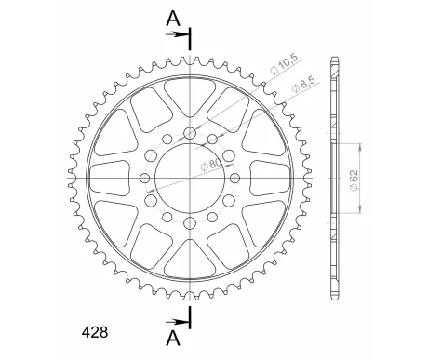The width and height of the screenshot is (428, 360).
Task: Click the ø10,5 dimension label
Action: point(284,63)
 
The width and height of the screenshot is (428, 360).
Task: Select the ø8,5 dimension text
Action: point(303,84)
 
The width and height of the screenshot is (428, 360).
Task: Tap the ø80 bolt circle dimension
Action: point(211,165)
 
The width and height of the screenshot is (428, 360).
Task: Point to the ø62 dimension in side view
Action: point(354,180)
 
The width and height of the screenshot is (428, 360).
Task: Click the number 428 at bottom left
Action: point(95,332)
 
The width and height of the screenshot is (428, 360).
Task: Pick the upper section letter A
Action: point(173,19)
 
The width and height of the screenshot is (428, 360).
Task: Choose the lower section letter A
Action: point(173,338)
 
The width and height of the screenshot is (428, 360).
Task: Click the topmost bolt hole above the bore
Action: point(190,134)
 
